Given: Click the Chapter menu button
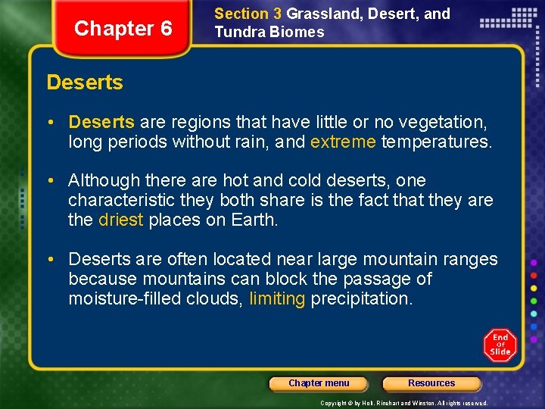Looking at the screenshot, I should click(x=319, y=383).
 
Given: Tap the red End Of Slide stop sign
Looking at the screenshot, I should click(x=500, y=345).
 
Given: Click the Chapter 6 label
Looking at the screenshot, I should click(x=123, y=29).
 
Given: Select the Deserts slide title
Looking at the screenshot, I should click(x=85, y=83).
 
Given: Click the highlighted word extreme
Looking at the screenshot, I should click(x=343, y=141).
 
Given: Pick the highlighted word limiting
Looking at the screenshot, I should click(x=277, y=298).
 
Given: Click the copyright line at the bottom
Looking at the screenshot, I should click(x=403, y=403).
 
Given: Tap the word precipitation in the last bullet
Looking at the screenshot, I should click(x=361, y=298).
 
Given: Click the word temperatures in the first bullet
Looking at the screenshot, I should click(x=436, y=141).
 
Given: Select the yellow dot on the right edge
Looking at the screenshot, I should click(x=534, y=287).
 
